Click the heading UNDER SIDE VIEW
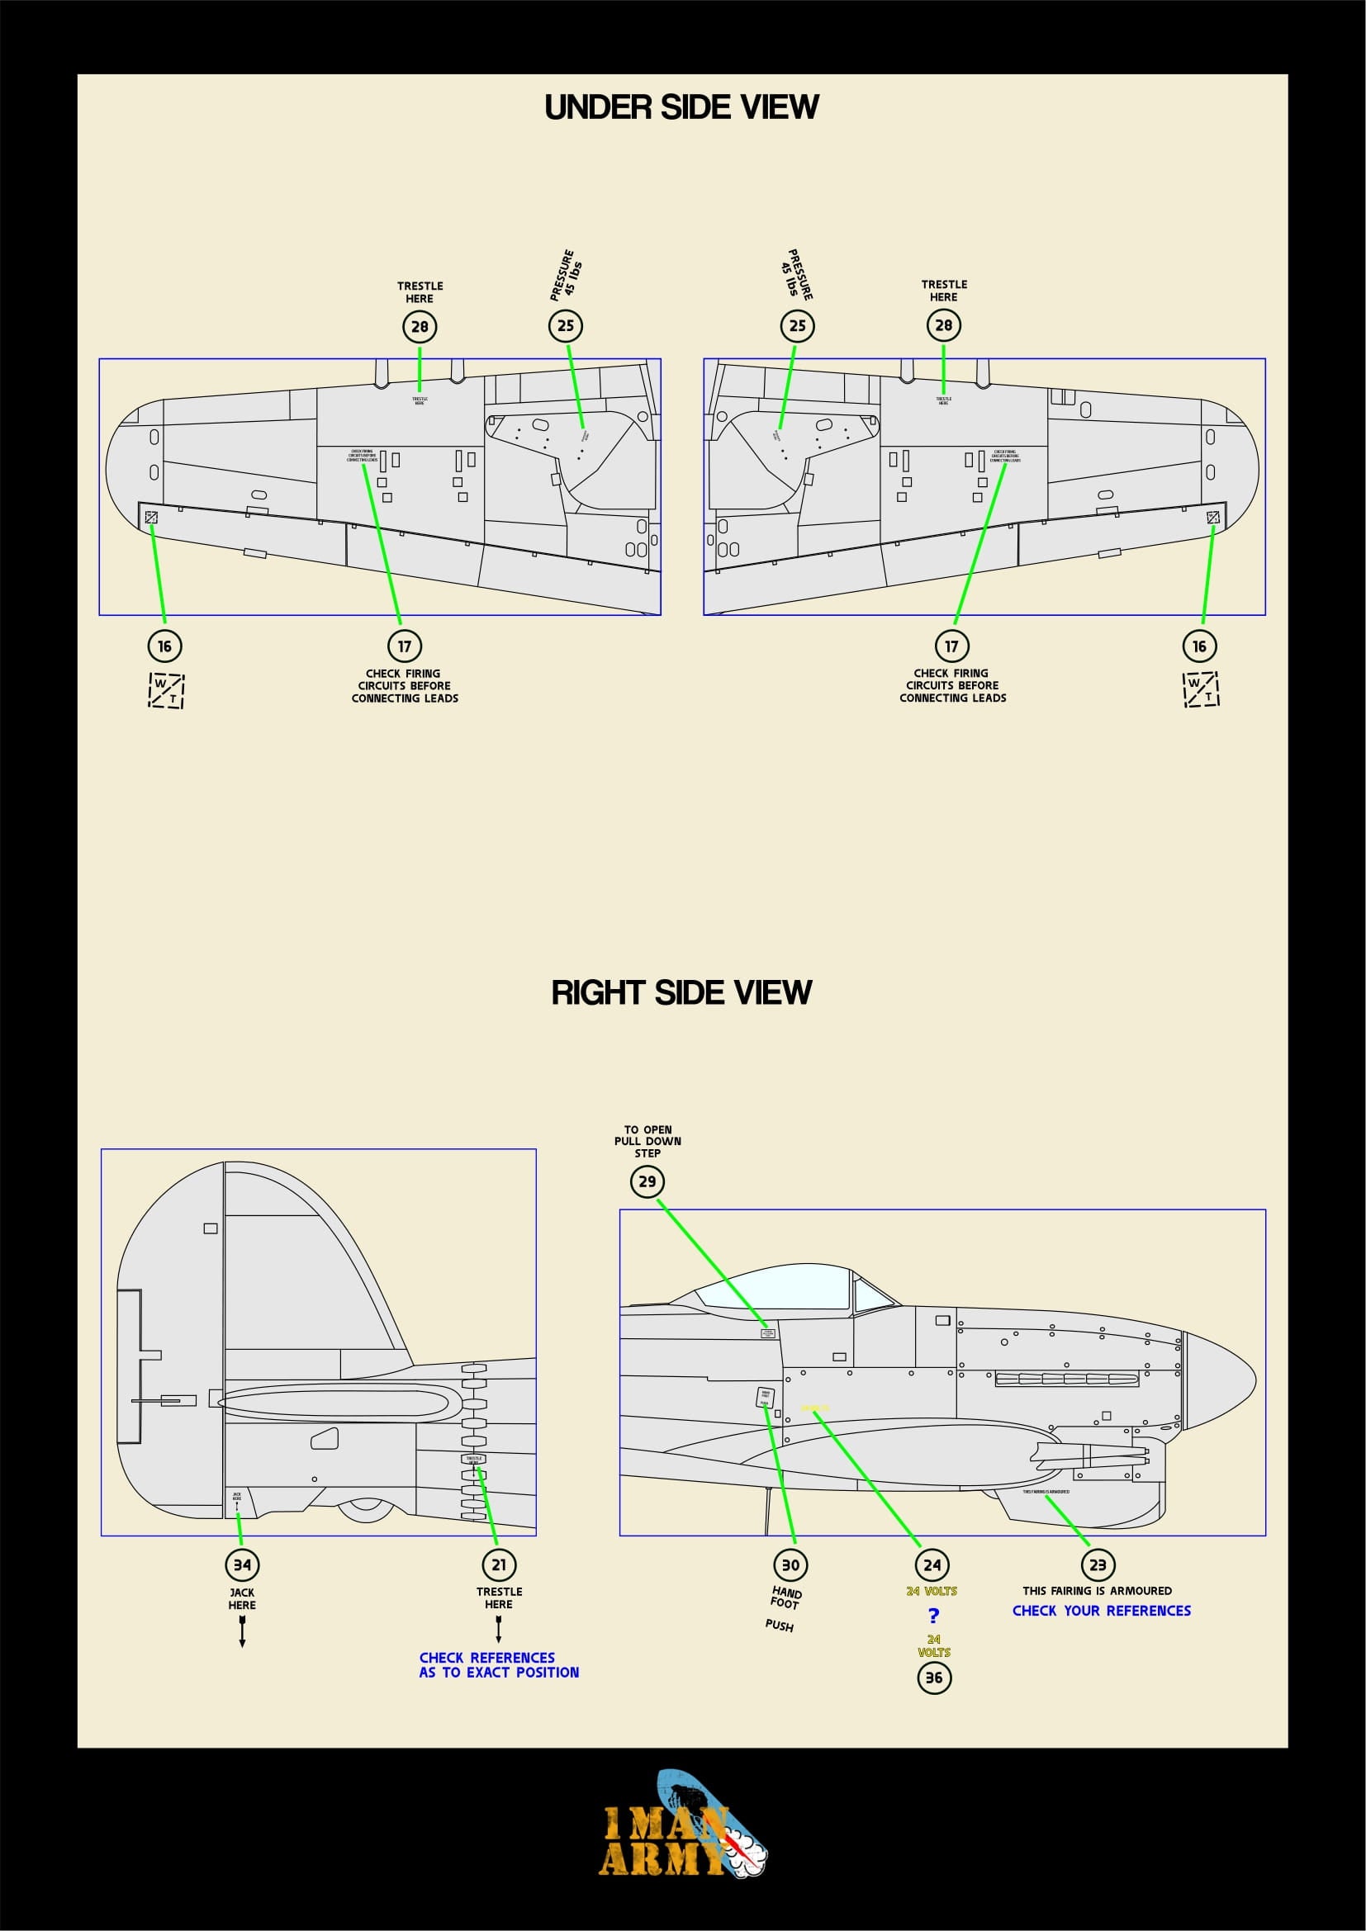[x=681, y=106]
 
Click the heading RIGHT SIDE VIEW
[x=681, y=992]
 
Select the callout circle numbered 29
[x=647, y=1181]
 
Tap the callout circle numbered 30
[x=790, y=1565]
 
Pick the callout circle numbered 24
[x=932, y=1565]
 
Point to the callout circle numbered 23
[x=1098, y=1565]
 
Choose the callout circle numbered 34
[x=242, y=1565]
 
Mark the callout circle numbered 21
[x=499, y=1565]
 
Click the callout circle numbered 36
[x=934, y=1678]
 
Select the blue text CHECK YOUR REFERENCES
[x=1101, y=1611]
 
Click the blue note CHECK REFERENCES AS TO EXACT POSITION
[x=499, y=1664]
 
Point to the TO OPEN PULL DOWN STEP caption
[x=647, y=1141]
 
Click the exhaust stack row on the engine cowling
[x=1065, y=1380]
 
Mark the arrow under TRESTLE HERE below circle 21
[x=499, y=1630]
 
